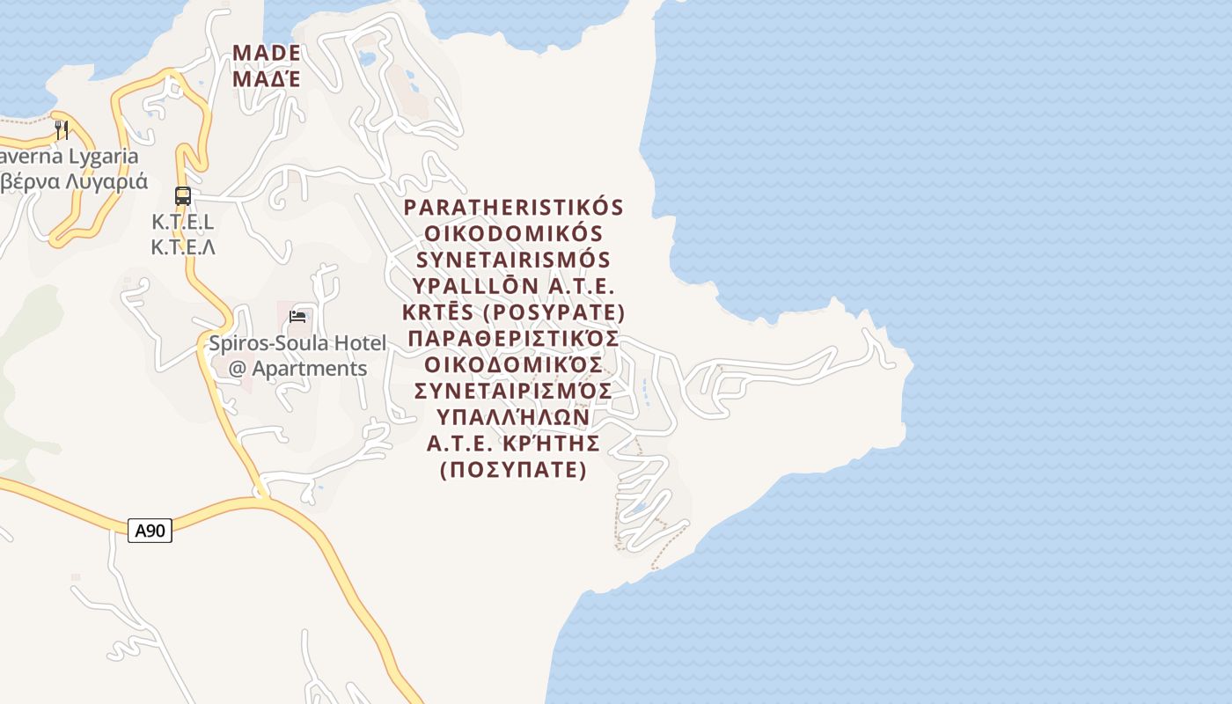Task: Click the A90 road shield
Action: pyautogui.click(x=150, y=531)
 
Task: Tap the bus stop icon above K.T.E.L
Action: pyautogui.click(x=183, y=196)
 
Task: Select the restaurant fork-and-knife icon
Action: pyautogui.click(x=62, y=130)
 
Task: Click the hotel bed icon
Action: pyautogui.click(x=297, y=317)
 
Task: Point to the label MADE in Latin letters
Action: pyautogui.click(x=267, y=54)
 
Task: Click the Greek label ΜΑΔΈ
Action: pyautogui.click(x=267, y=79)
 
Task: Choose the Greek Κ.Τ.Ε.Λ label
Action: pyautogui.click(x=183, y=247)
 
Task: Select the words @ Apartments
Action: pyautogui.click(x=297, y=368)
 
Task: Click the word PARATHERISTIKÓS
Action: pyautogui.click(x=514, y=208)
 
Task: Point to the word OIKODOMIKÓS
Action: pyautogui.click(x=514, y=234)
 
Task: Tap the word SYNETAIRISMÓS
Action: pyautogui.click(x=514, y=260)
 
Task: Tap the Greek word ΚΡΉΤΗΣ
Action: pyautogui.click(x=550, y=443)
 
